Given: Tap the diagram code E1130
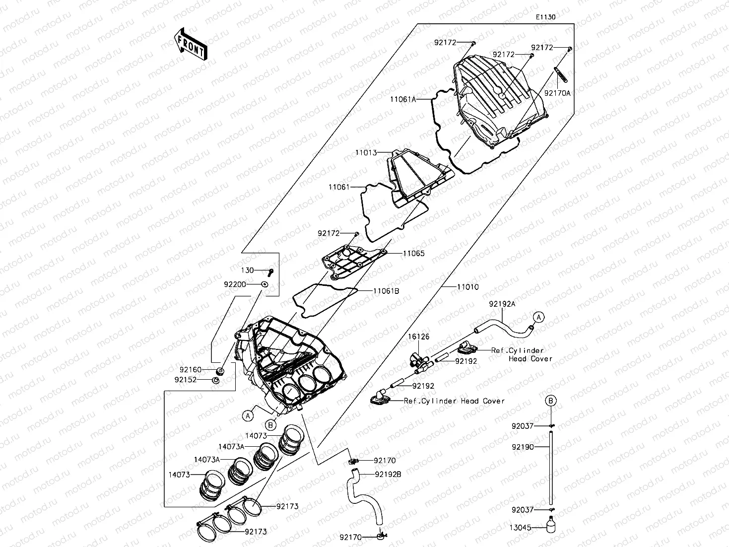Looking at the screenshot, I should click(545, 17).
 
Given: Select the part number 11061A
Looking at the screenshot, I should click(402, 99).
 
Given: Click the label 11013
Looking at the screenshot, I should click(366, 153).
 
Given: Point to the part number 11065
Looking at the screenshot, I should click(413, 253).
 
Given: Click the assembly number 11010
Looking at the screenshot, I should click(468, 287).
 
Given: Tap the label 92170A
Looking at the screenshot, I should click(557, 93).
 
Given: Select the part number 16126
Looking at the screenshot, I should click(419, 337).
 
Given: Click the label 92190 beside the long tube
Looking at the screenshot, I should click(523, 447).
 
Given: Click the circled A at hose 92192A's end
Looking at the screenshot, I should click(539, 317).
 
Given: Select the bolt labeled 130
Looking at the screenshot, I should click(270, 272).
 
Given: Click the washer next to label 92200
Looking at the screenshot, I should click(265, 284).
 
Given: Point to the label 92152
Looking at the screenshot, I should click(186, 380).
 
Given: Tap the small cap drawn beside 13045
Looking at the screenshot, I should click(550, 526).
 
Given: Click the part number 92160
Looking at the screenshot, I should click(191, 369).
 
